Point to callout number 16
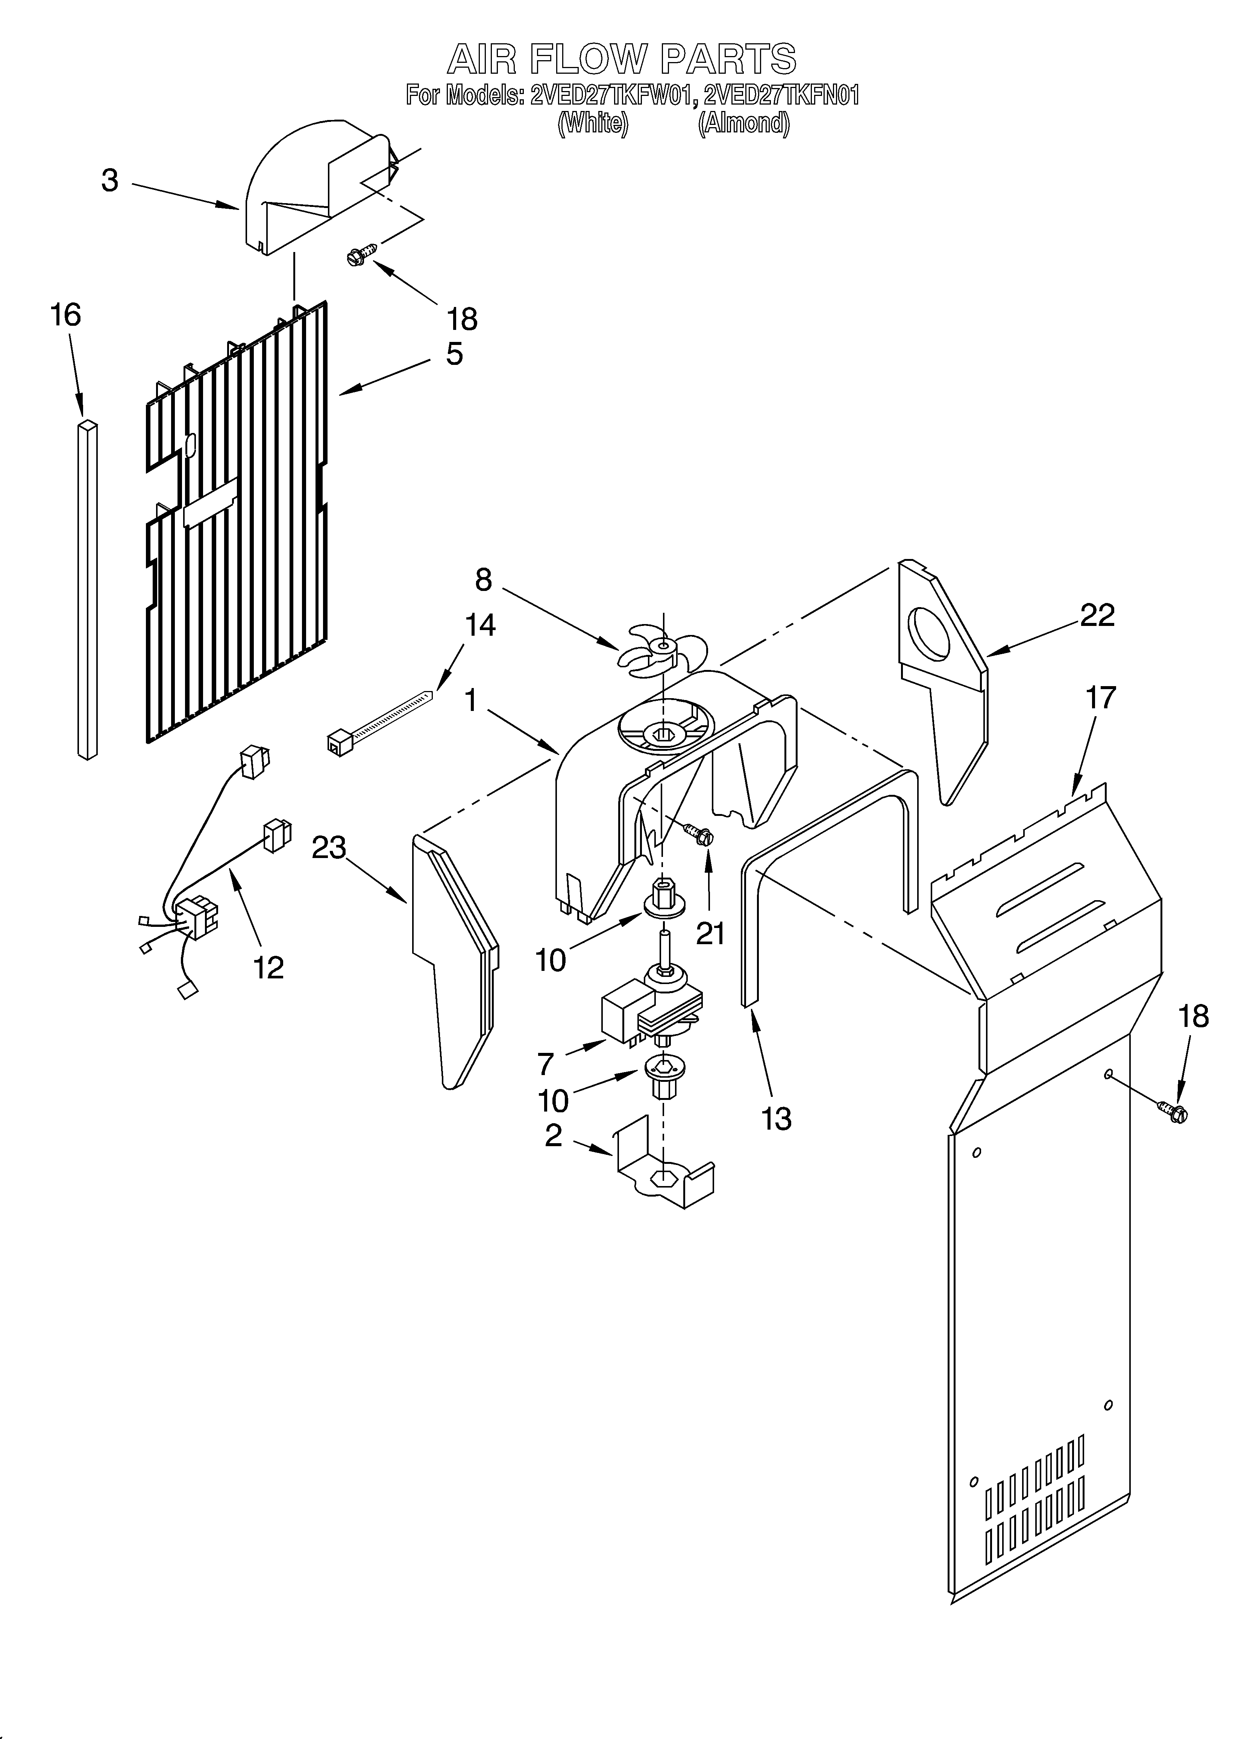coord(66,315)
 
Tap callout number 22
coord(1097,616)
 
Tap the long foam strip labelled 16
coord(87,591)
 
